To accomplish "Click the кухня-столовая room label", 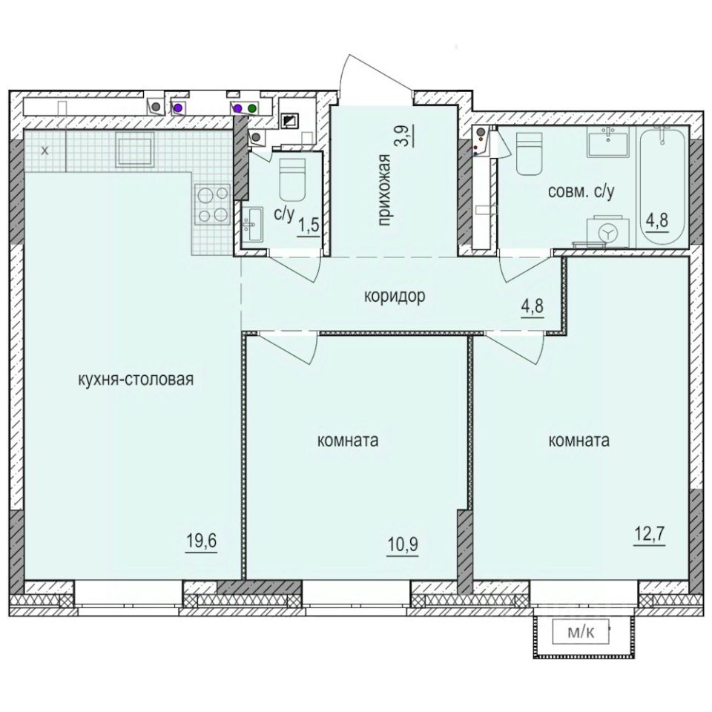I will point(136,380).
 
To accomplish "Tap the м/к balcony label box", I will point(581,633).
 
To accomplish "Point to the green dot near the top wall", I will point(252,108).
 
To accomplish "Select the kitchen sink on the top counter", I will point(133,150).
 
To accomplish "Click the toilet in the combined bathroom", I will point(527,154).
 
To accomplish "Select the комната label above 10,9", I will point(348,441).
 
